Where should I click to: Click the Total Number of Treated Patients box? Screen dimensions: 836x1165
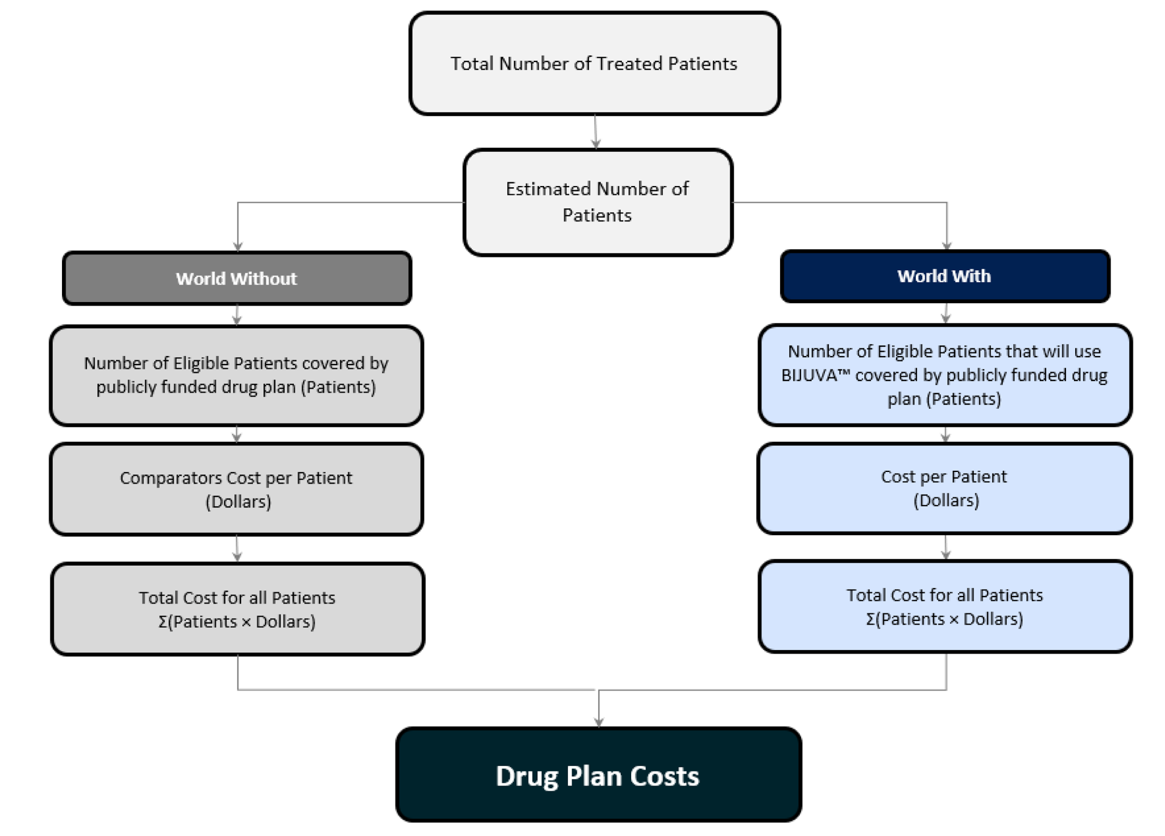pos(594,63)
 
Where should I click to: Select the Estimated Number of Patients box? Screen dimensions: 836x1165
pos(597,202)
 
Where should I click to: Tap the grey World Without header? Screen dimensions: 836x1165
pos(236,278)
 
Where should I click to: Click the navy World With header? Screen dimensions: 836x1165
pos(945,276)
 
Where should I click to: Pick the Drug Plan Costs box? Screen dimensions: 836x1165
pos(598,775)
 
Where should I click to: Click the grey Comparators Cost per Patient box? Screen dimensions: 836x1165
pos(236,489)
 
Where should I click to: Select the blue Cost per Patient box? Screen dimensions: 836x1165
pos(944,488)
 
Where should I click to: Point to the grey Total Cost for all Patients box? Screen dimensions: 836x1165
pos(237,609)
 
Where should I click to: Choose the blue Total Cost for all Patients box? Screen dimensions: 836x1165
pos(945,606)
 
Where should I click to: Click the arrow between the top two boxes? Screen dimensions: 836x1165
pos(595,132)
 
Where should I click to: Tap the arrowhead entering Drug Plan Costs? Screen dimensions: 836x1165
pos(599,722)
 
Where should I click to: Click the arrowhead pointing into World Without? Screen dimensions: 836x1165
pos(238,246)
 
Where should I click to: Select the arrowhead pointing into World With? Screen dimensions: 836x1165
pos(946,245)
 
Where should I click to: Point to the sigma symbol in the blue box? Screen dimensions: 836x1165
pos(870,620)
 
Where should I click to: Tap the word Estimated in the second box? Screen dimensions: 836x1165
pos(548,189)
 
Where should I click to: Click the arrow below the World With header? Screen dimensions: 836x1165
pos(946,313)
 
